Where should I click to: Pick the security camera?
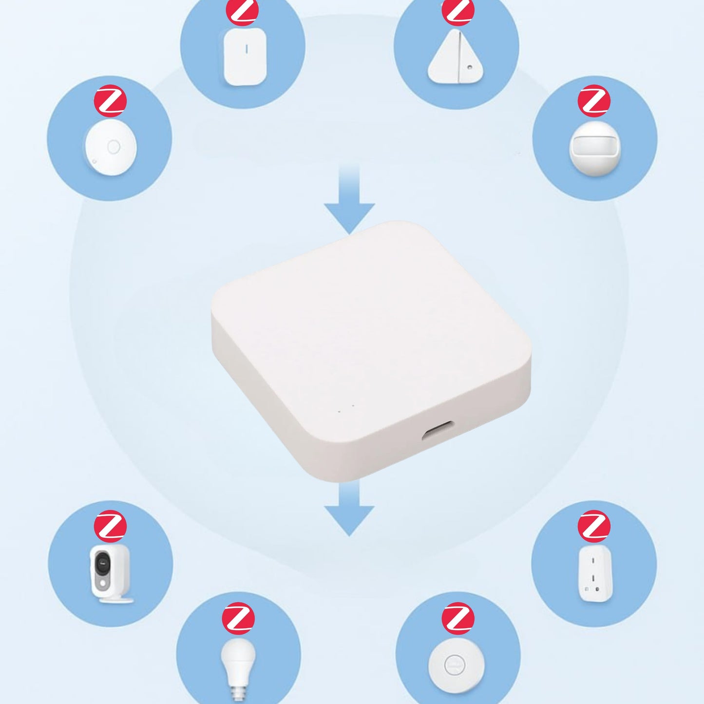pos(111,572)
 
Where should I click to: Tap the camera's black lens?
pos(103,564)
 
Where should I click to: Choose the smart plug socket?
pos(595,573)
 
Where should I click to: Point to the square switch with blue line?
pos(245,57)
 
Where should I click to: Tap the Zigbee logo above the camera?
pos(111,526)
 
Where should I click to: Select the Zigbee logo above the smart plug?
pos(593,526)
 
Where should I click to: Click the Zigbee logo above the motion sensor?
pos(593,101)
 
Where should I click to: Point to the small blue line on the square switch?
pos(247,49)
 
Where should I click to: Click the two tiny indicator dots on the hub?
pos(346,409)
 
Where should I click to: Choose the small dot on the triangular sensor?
pos(469,68)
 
